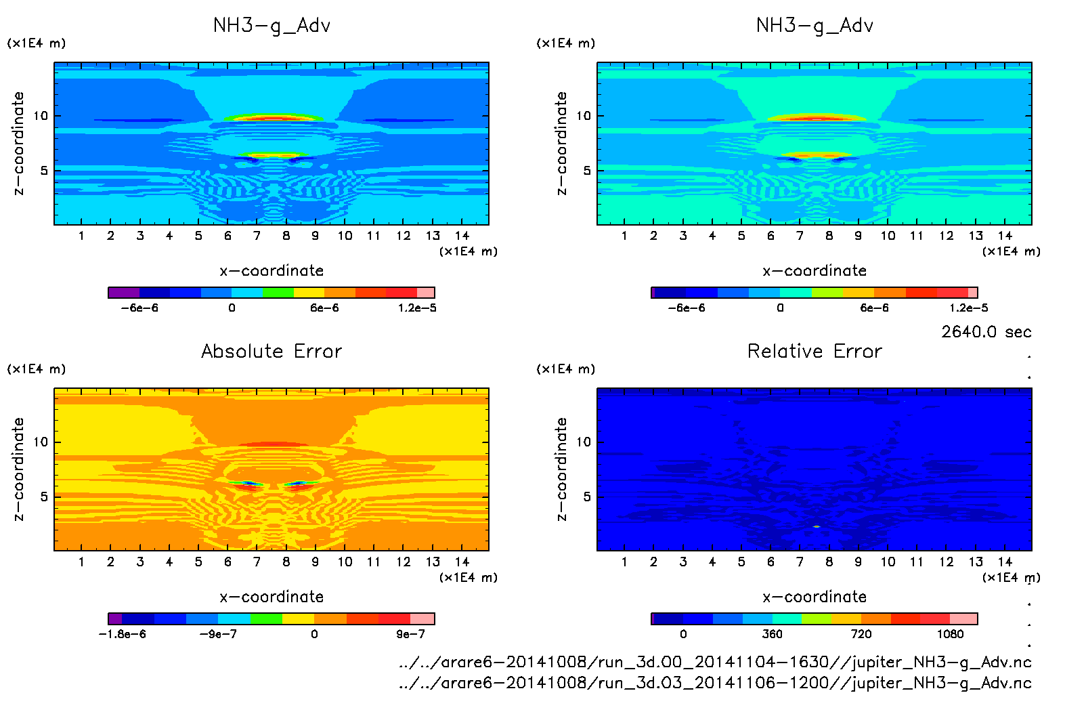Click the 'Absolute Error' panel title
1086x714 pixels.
click(x=271, y=351)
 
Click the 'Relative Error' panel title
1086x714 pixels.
click(x=814, y=351)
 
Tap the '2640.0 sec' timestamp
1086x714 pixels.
click(x=986, y=332)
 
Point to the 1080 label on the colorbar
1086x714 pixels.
click(x=950, y=634)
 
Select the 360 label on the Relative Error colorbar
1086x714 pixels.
click(x=772, y=634)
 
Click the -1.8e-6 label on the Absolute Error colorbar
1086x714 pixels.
click(x=123, y=634)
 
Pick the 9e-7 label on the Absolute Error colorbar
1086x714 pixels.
click(x=410, y=634)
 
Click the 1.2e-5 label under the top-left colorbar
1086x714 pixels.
click(x=417, y=308)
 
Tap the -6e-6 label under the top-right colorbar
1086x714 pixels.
click(x=687, y=308)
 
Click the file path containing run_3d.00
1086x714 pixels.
click(x=715, y=662)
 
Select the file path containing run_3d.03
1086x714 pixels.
click(x=715, y=683)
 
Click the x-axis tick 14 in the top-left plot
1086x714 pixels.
click(x=462, y=236)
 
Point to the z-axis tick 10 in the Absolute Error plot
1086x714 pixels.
click(x=41, y=442)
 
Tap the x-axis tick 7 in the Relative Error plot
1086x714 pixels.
click(x=800, y=562)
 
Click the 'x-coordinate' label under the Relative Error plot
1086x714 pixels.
click(x=814, y=597)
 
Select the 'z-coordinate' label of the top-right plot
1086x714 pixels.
click(x=561, y=144)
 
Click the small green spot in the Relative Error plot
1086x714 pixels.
click(x=817, y=526)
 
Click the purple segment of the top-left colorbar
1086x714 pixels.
click(x=124, y=293)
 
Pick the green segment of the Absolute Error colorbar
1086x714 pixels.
click(x=266, y=618)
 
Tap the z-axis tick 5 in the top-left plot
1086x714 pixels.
click(x=44, y=170)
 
